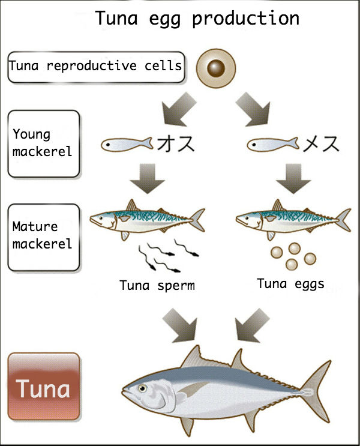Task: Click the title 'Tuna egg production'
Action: [x=197, y=18]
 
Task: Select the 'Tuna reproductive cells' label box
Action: [x=96, y=66]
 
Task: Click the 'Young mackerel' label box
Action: [x=43, y=143]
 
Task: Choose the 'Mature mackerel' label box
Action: [x=43, y=236]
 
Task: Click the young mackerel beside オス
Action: [x=127, y=144]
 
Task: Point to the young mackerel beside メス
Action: [x=272, y=144]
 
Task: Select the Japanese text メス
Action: [x=322, y=144]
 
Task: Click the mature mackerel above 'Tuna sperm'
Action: [x=146, y=218]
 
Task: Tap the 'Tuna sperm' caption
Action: [x=157, y=285]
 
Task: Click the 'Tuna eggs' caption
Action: [x=290, y=283]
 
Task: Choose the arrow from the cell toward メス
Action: [x=254, y=109]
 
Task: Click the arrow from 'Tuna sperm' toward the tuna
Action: [x=182, y=322]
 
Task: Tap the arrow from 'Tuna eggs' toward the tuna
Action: [x=249, y=322]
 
